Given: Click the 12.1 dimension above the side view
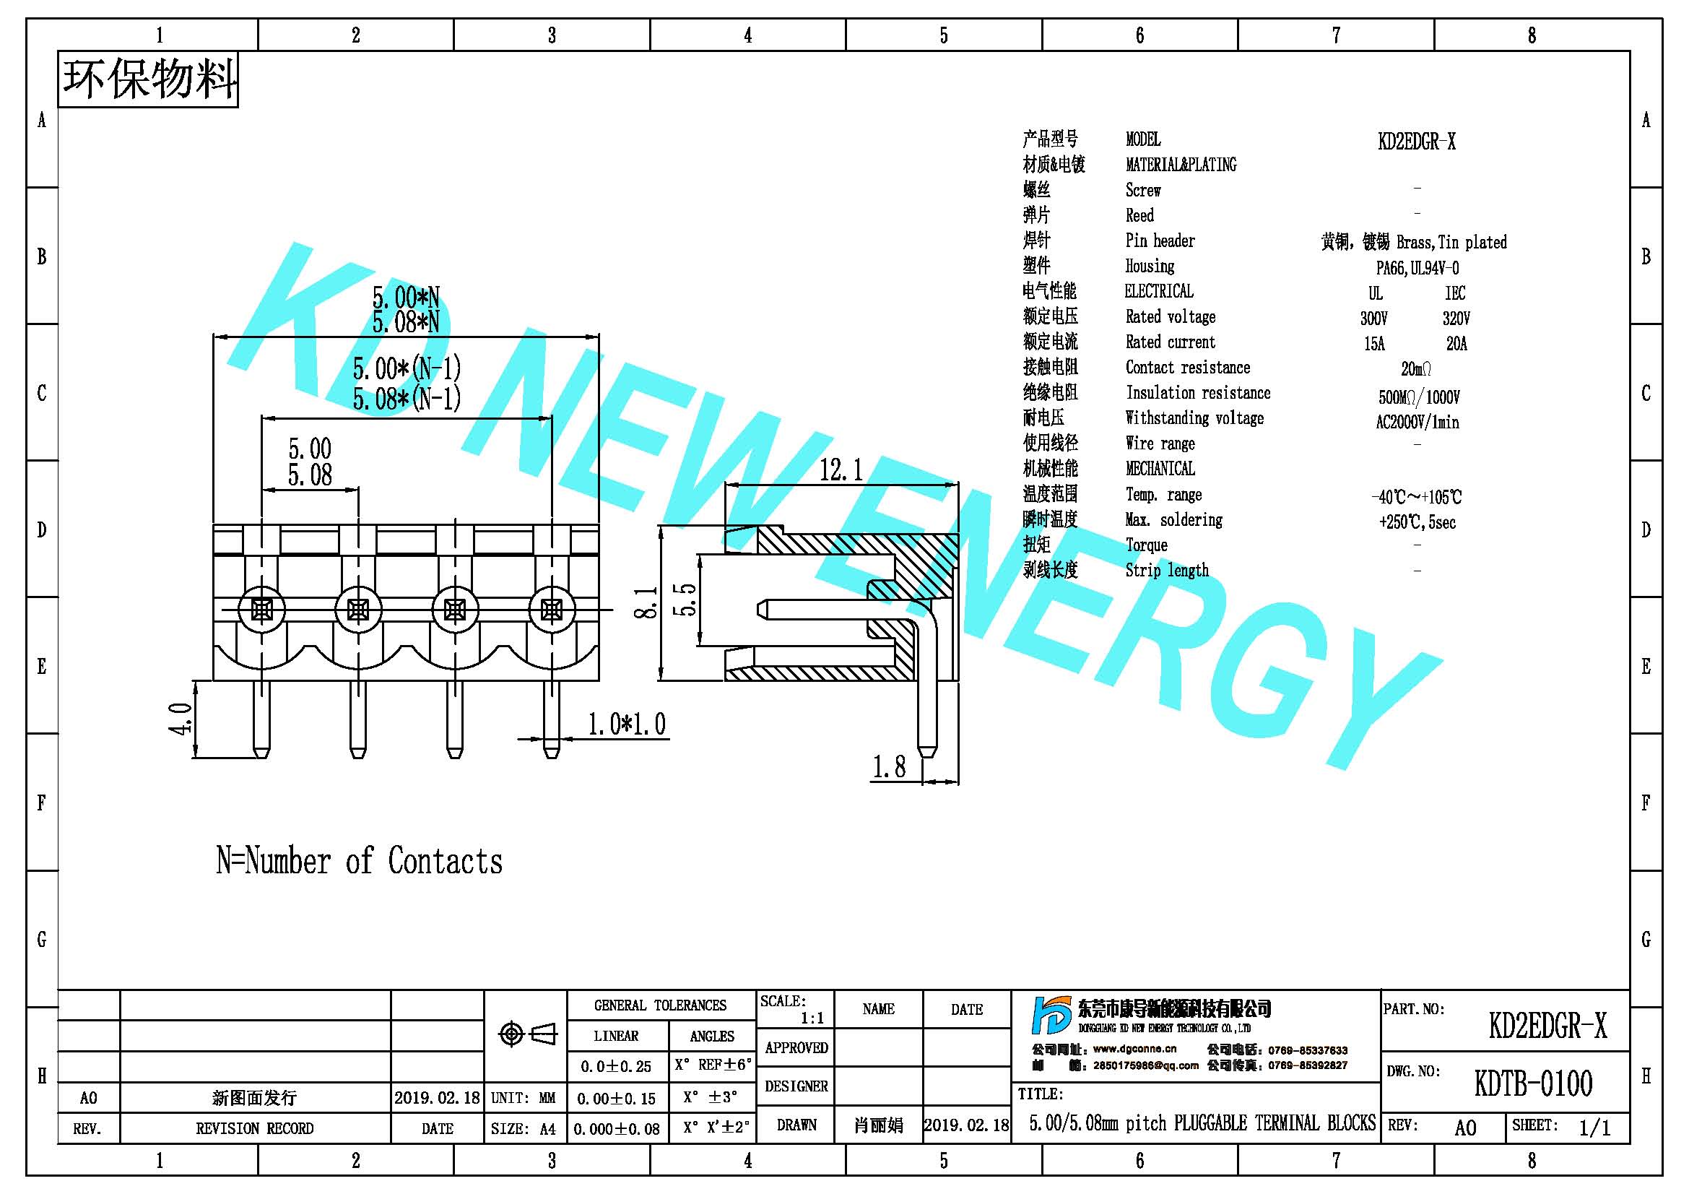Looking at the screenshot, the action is pyautogui.click(x=841, y=469).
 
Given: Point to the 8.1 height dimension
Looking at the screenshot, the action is pyautogui.click(x=646, y=602).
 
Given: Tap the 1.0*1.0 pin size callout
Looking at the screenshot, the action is pyautogui.click(x=627, y=724).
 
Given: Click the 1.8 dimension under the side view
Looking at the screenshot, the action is pyautogui.click(x=889, y=766).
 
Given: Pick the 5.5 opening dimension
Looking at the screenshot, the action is pyautogui.click(x=684, y=600).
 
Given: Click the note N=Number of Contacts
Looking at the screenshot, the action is pyautogui.click(x=359, y=861).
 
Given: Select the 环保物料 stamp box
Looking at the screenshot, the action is pyautogui.click(x=148, y=79).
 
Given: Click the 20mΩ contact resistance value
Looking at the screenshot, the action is pyautogui.click(x=1416, y=368).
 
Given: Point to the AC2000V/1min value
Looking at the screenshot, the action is pyautogui.click(x=1417, y=423).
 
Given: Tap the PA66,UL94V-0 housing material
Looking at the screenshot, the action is pyautogui.click(x=1417, y=268).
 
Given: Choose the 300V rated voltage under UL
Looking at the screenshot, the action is pyautogui.click(x=1373, y=319).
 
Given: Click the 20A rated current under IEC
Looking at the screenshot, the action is pyautogui.click(x=1456, y=344).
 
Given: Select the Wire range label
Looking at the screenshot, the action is pyautogui.click(x=1160, y=444).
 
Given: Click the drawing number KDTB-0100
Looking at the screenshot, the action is pyautogui.click(x=1533, y=1083).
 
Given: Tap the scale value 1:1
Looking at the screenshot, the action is pyautogui.click(x=812, y=1018).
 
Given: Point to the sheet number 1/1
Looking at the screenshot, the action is pyautogui.click(x=1594, y=1128).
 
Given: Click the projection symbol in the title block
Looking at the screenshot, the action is pyautogui.click(x=526, y=1034).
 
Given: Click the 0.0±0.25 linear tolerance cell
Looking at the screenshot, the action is pyautogui.click(x=617, y=1067).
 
